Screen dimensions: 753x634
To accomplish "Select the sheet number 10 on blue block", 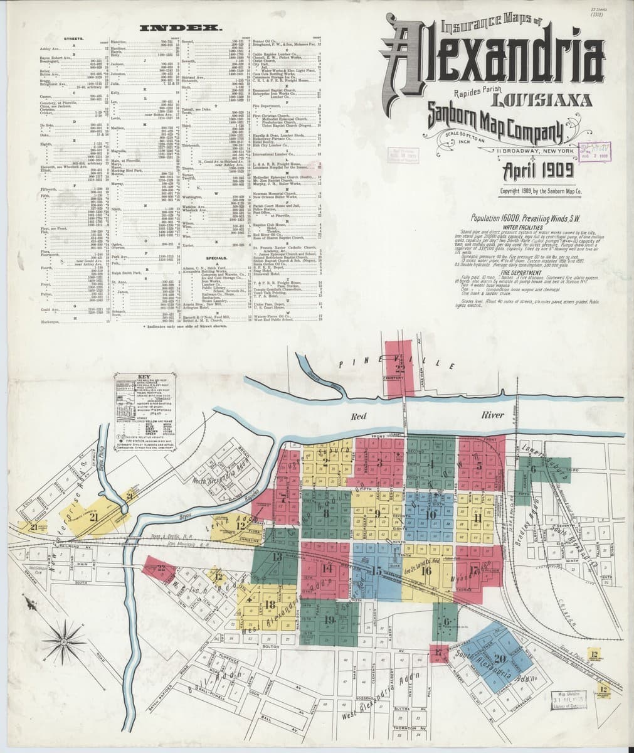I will pyautogui.click(x=430, y=515).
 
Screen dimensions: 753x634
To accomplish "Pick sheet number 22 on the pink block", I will pyautogui.click(x=161, y=569).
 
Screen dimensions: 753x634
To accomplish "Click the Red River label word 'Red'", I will pyautogui.click(x=359, y=416).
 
